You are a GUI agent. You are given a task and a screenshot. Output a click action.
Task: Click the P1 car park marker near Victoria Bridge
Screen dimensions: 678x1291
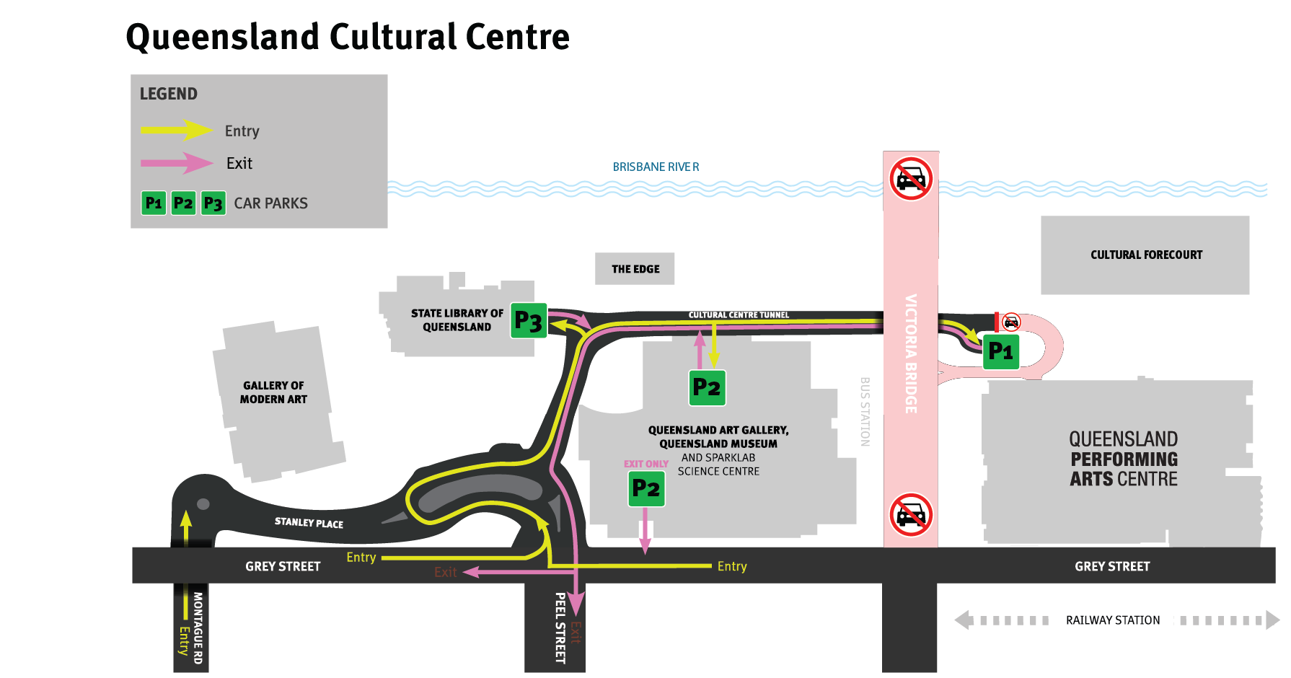coord(1000,352)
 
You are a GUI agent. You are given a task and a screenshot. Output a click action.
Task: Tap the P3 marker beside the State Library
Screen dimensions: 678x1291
coord(529,321)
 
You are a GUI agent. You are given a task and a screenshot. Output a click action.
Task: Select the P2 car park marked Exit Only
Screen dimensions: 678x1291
coord(645,489)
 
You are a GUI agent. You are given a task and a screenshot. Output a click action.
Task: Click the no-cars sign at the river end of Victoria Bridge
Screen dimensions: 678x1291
coord(911,178)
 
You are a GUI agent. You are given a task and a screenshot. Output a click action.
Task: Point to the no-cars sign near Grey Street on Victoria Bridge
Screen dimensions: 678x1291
coord(911,514)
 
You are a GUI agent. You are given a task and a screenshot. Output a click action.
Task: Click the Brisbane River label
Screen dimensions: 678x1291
coord(656,167)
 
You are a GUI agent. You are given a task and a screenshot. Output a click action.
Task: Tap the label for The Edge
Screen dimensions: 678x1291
coord(635,269)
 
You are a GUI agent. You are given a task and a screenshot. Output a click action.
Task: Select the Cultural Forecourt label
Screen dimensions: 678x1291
coord(1146,255)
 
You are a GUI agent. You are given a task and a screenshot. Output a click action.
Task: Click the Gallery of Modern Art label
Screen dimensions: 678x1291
coord(273,392)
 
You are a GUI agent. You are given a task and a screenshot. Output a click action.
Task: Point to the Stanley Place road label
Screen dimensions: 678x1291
coord(309,522)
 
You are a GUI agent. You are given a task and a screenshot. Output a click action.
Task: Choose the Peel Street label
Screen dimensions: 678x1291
coord(560,628)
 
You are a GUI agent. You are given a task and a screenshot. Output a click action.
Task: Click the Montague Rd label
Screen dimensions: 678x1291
coord(198,628)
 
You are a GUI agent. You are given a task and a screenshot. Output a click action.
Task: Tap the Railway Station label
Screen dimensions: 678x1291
coord(1113,620)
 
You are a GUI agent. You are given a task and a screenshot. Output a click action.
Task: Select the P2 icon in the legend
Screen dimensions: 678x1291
coord(183,203)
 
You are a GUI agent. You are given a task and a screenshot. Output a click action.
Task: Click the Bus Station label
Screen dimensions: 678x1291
coord(865,411)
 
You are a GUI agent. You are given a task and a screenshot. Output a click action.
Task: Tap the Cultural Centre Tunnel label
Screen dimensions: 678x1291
coord(739,315)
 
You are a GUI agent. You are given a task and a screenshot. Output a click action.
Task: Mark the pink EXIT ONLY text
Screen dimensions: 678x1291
coord(645,464)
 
